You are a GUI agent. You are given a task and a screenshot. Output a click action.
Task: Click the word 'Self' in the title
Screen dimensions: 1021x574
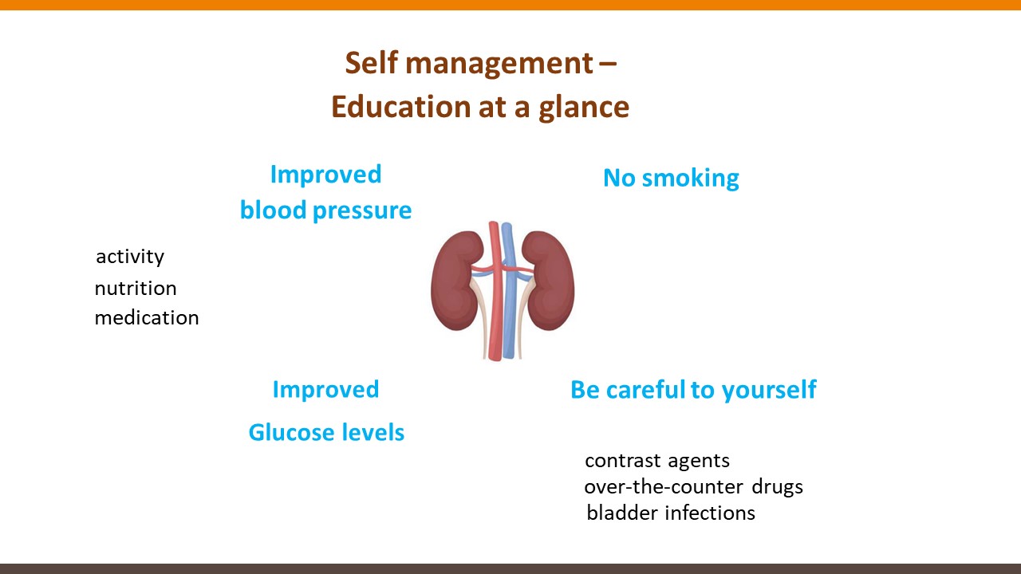pyautogui.click(x=372, y=62)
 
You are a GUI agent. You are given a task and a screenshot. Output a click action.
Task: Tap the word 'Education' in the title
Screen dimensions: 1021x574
pyautogui.click(x=400, y=107)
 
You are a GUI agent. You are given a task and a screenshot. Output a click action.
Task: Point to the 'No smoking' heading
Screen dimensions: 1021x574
pyautogui.click(x=671, y=178)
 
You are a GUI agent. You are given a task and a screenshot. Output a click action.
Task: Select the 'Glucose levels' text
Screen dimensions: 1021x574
pyautogui.click(x=326, y=432)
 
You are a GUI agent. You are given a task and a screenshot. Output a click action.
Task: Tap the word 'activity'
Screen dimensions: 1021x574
pyautogui.click(x=130, y=257)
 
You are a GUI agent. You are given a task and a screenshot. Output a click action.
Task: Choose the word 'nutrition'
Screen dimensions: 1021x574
pyautogui.click(x=136, y=289)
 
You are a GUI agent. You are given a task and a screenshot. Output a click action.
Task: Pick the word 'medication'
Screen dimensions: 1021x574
pyautogui.click(x=147, y=317)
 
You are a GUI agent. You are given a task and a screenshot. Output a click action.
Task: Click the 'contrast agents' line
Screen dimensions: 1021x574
pyautogui.click(x=657, y=461)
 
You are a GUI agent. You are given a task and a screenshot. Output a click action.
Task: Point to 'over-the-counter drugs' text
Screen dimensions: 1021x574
pyautogui.click(x=693, y=487)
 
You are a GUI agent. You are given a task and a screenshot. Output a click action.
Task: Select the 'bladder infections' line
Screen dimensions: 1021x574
pyautogui.click(x=671, y=513)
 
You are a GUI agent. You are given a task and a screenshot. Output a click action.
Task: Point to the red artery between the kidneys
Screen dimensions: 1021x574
pyautogui.click(x=495, y=292)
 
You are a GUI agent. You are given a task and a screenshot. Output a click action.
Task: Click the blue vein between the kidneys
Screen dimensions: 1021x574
pyautogui.click(x=509, y=292)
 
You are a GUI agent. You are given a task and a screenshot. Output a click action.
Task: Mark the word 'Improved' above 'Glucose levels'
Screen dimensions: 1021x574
pyautogui.click(x=326, y=390)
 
